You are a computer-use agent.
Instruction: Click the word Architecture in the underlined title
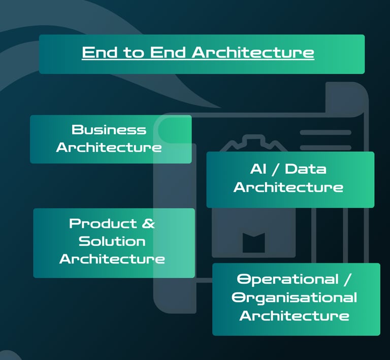252,53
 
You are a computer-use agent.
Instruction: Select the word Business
109,129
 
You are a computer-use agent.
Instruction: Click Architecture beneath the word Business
109,147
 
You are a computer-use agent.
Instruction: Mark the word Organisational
295,297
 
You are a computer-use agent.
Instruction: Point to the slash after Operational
347,279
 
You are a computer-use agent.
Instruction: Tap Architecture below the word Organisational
295,315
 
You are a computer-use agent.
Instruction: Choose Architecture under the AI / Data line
288,187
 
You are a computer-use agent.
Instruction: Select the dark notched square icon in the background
253,242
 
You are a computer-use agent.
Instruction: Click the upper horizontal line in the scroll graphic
325,133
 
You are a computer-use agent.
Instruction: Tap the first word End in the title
101,53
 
